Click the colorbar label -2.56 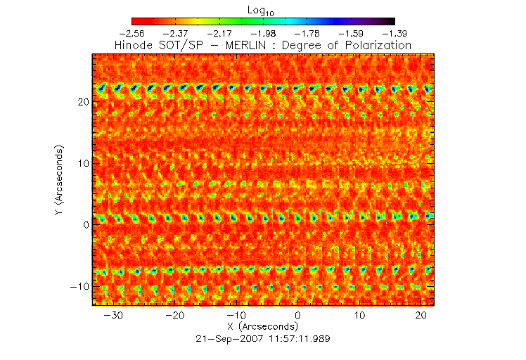click(x=132, y=33)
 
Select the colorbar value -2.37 click(x=176, y=33)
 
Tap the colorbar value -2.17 click(x=219, y=33)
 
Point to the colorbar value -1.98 click(x=263, y=33)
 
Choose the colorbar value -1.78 click(x=307, y=33)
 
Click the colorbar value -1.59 click(x=351, y=33)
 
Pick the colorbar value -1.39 click(x=394, y=33)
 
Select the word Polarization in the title click(x=376, y=46)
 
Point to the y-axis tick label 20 click(x=82, y=102)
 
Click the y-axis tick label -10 click(x=79, y=286)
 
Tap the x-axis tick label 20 click(x=421, y=315)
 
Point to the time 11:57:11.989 click(x=295, y=339)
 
